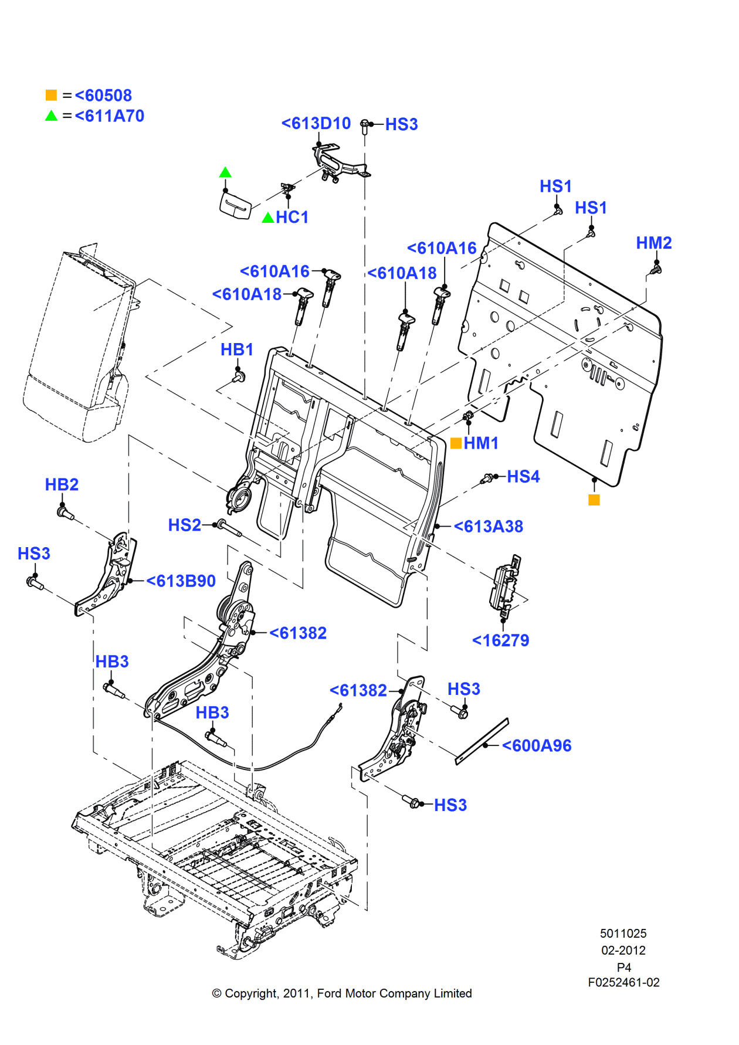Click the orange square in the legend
coord(51,95)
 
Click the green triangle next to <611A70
coord(51,116)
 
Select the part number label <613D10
coord(316,123)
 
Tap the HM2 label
coord(653,243)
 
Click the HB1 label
coord(237,350)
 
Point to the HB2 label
coord(62,484)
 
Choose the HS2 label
coord(184,525)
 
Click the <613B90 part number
coord(181,581)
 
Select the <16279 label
coord(500,640)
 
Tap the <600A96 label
coord(537,746)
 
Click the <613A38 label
coord(488,527)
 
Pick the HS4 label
coord(523,476)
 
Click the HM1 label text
coord(481,443)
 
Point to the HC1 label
coord(292,218)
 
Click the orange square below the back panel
coord(594,500)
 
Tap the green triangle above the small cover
coord(225,172)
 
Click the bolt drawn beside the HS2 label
coord(229,529)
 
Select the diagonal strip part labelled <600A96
coord(482,742)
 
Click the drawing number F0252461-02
coord(623,982)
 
